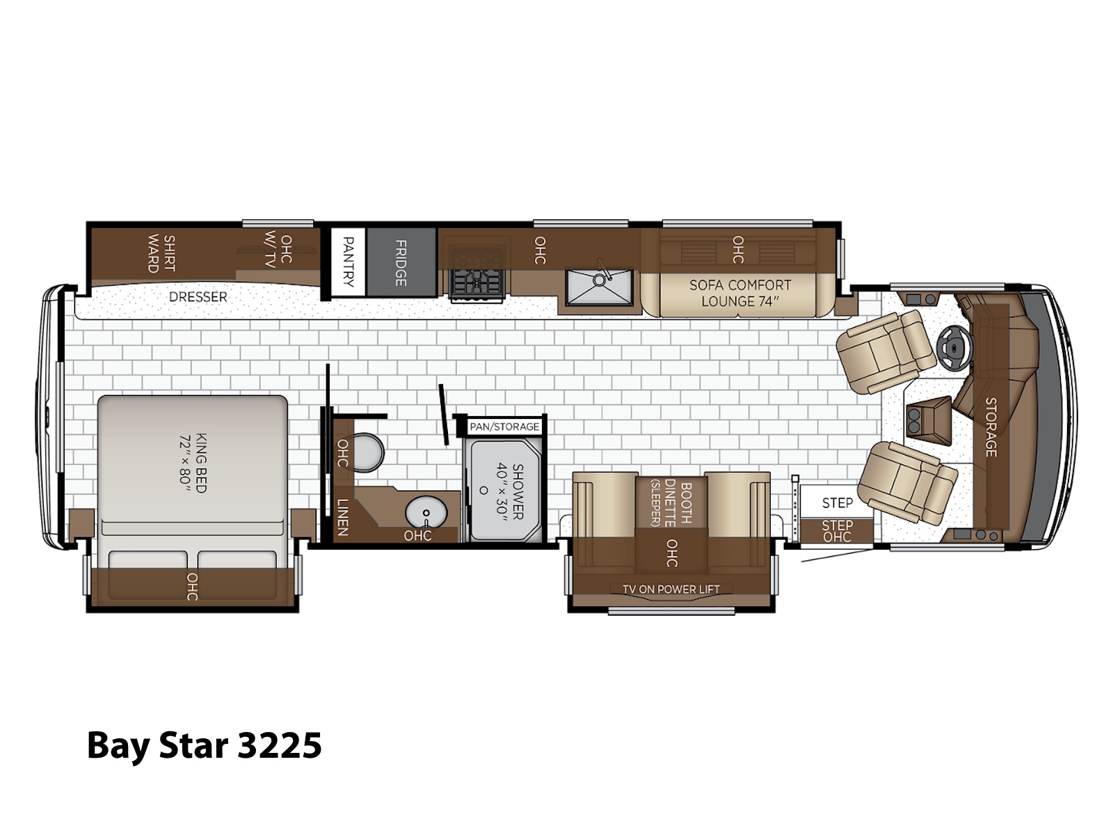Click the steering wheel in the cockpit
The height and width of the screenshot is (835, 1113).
point(953,349)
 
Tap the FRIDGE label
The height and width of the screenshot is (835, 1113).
point(401,262)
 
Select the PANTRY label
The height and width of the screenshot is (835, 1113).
point(349,262)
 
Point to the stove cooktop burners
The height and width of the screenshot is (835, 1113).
point(477,274)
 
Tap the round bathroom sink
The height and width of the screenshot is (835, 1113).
point(426,513)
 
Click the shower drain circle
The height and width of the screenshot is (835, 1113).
point(483,491)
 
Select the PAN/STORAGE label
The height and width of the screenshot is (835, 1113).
point(504,427)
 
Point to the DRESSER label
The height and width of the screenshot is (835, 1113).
point(198,296)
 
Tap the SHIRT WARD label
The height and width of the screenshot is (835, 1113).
point(161,253)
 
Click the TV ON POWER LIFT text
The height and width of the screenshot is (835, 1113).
point(671,589)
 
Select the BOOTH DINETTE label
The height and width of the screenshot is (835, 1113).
point(678,503)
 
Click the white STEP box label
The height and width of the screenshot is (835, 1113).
point(837,503)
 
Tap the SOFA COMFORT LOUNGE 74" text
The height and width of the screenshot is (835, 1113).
point(740,293)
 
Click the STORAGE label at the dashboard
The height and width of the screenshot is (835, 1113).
point(991,427)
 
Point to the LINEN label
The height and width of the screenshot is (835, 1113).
point(343,517)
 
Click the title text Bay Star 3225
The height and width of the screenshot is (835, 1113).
point(205,746)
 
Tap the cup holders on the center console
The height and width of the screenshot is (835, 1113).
point(914,421)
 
